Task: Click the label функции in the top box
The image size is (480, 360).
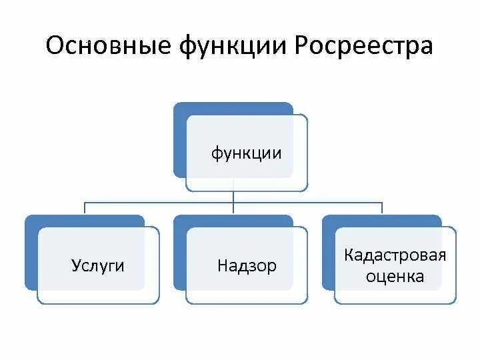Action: point(247,154)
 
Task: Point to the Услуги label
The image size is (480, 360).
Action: point(98,266)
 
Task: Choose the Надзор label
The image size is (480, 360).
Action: point(247,267)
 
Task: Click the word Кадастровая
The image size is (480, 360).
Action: point(395,255)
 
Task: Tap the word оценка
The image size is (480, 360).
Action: point(395,277)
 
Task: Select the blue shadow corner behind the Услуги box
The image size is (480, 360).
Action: point(31,221)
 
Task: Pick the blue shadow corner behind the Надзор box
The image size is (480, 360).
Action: point(179,221)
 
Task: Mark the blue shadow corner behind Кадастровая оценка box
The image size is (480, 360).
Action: point(328,221)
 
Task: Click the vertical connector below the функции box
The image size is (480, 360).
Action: point(233,197)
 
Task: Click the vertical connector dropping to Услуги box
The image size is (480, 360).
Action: point(85,209)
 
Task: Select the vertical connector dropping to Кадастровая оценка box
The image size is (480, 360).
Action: point(382,209)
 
